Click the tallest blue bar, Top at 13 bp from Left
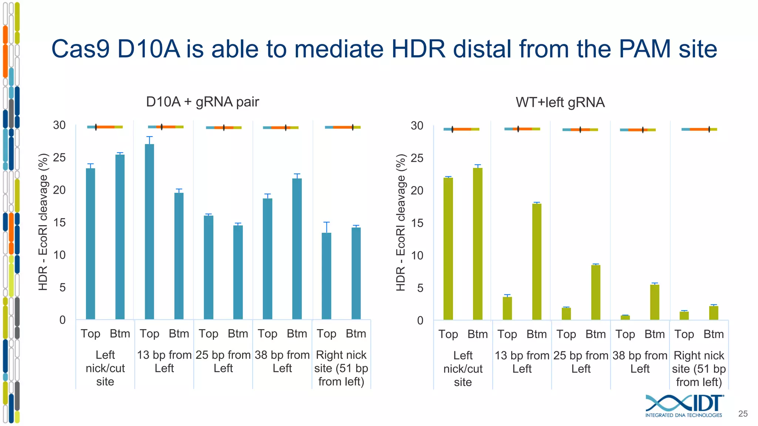pos(149,231)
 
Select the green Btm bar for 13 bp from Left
pos(537,261)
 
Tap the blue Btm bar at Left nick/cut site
pos(120,237)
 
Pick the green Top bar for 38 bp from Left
pos(625,317)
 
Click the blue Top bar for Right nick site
pos(326,276)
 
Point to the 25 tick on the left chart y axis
pos(59,158)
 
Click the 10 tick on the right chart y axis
pos(417,256)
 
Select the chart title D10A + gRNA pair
pos(202,102)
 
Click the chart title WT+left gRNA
pos(560,102)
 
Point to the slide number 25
pos(743,414)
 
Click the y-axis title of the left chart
pos(43,222)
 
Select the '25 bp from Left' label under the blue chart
pos(223,361)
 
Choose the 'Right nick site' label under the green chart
pos(699,368)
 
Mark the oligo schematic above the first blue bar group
pos(105,127)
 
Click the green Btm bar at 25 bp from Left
pos(596,292)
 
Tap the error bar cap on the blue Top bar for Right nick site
pos(326,222)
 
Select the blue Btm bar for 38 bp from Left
pos(297,248)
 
